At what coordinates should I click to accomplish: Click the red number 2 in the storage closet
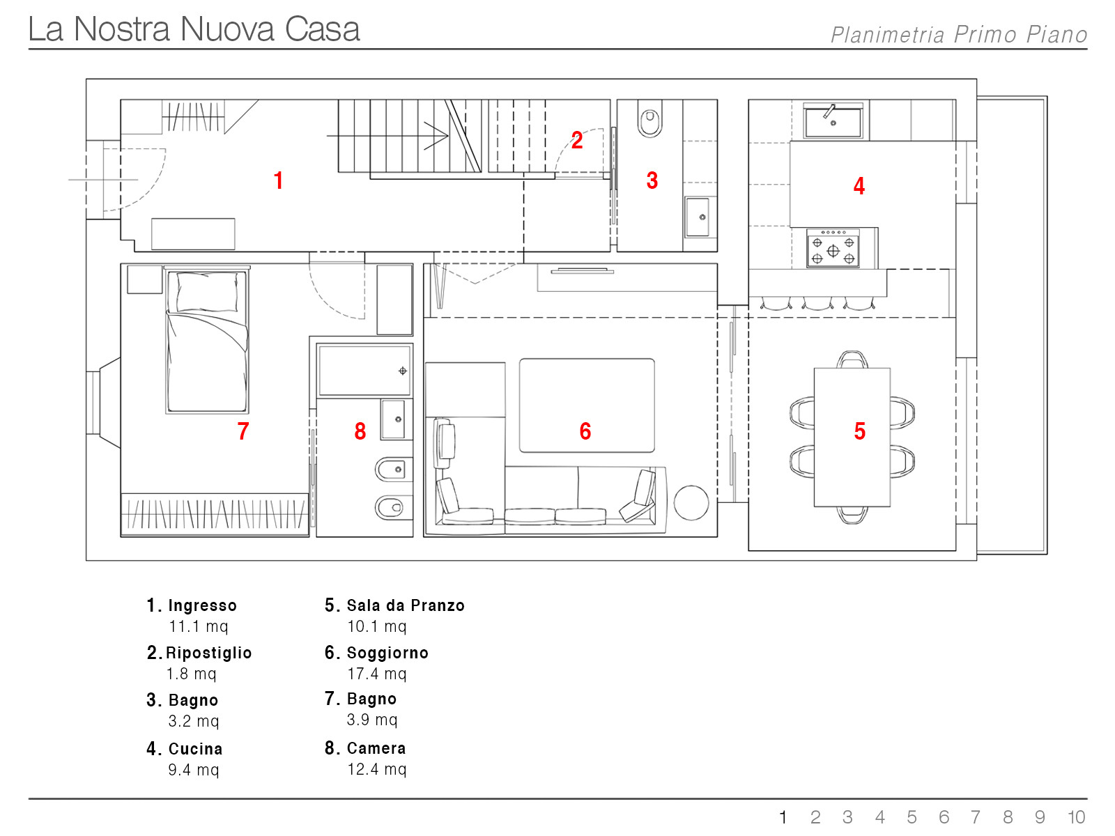tap(576, 140)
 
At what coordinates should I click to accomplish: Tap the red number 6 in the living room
tap(585, 431)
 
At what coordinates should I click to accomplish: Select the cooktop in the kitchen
tap(833, 248)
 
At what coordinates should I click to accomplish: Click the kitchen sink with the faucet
tap(833, 121)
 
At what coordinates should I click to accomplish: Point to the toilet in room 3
tap(649, 118)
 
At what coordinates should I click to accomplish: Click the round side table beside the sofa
tap(691, 502)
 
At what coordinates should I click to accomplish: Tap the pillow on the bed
tap(207, 291)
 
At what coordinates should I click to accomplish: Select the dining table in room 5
tap(852, 437)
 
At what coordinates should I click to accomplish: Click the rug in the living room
tap(587, 405)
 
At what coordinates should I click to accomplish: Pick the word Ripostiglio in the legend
tap(209, 653)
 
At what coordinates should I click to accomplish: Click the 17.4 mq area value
tap(377, 674)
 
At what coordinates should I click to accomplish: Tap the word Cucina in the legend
tap(196, 749)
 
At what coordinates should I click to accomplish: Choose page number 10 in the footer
tap(1076, 817)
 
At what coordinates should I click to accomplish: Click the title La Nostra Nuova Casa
tap(194, 29)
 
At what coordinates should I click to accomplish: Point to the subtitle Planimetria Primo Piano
tap(958, 35)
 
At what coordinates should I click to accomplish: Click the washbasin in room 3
tap(698, 217)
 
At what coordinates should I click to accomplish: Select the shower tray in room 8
tap(364, 371)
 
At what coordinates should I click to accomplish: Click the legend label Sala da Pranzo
tap(406, 605)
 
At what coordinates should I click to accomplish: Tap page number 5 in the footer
tap(912, 817)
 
